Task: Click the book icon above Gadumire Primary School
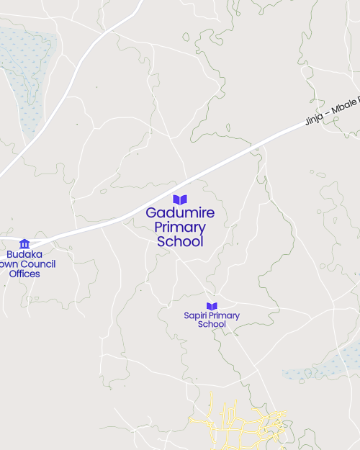pyautogui.click(x=180, y=199)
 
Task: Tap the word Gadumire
pyautogui.click(x=180, y=213)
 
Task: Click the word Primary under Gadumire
pyautogui.click(x=180, y=228)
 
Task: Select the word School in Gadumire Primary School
pyautogui.click(x=180, y=242)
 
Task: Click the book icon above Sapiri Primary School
pyautogui.click(x=212, y=306)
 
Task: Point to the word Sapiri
pyautogui.click(x=195, y=316)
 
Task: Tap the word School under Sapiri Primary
pyautogui.click(x=212, y=325)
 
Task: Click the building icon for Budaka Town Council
pyautogui.click(x=24, y=243)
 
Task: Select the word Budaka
pyautogui.click(x=24, y=254)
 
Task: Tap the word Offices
pyautogui.click(x=24, y=274)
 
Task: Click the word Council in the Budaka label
pyautogui.click(x=40, y=264)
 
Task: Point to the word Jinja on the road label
pyautogui.click(x=314, y=116)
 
